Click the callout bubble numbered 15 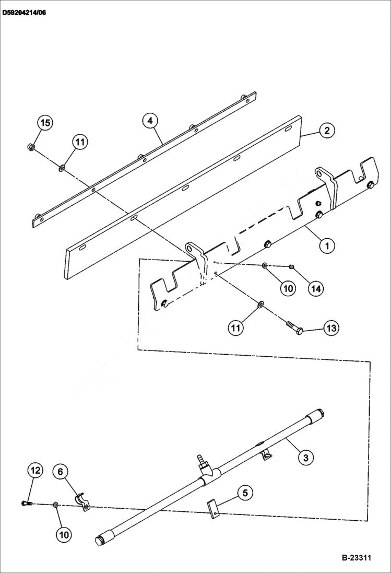(x=45, y=123)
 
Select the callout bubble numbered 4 (x=150, y=121)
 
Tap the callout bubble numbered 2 (x=327, y=130)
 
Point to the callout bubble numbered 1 (x=327, y=244)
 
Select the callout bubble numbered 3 (x=306, y=458)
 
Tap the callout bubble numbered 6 (x=60, y=472)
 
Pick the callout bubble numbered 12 (x=35, y=471)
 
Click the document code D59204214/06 (x=24, y=11)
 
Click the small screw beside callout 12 (x=26, y=503)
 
